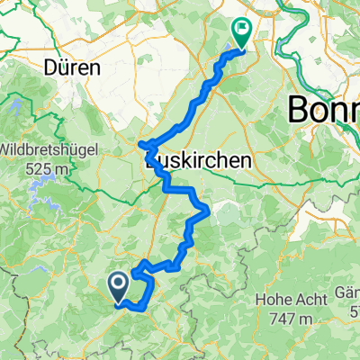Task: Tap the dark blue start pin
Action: click(x=118, y=288)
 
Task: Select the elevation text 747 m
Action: click(x=292, y=319)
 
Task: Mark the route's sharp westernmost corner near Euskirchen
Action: click(x=139, y=144)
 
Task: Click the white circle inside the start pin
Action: click(x=118, y=283)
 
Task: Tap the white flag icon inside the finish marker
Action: click(x=242, y=29)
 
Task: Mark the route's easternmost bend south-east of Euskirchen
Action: click(x=209, y=210)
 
